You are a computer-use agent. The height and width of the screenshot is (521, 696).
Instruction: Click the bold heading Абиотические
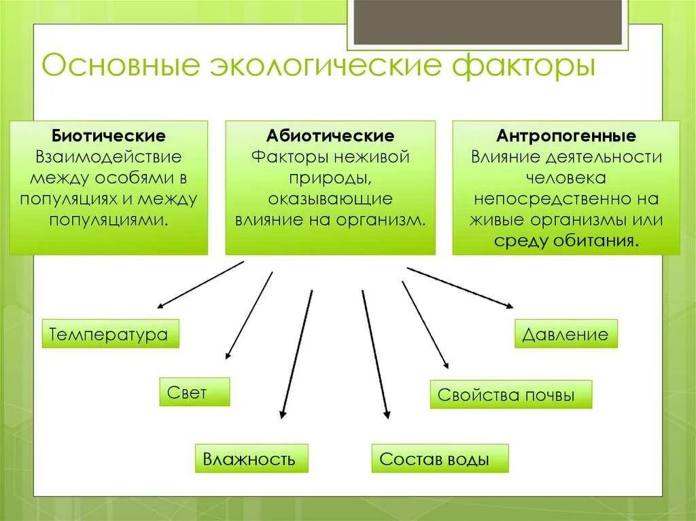(330, 136)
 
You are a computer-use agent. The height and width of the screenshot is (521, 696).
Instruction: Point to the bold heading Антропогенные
(566, 136)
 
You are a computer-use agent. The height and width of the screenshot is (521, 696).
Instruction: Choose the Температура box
(110, 334)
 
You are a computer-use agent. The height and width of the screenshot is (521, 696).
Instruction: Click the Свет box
(194, 392)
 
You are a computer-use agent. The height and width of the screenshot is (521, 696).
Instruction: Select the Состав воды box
(440, 459)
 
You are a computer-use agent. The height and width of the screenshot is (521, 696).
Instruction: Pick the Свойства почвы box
(510, 395)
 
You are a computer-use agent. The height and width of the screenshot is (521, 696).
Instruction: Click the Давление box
(565, 334)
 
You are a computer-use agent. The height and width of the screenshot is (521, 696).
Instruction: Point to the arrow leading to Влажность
(296, 353)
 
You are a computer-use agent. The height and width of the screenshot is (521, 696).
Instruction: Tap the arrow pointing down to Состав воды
(375, 353)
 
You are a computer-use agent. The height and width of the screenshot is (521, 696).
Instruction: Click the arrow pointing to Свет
(249, 315)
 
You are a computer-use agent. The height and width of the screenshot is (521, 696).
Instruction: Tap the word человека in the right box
(566, 179)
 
